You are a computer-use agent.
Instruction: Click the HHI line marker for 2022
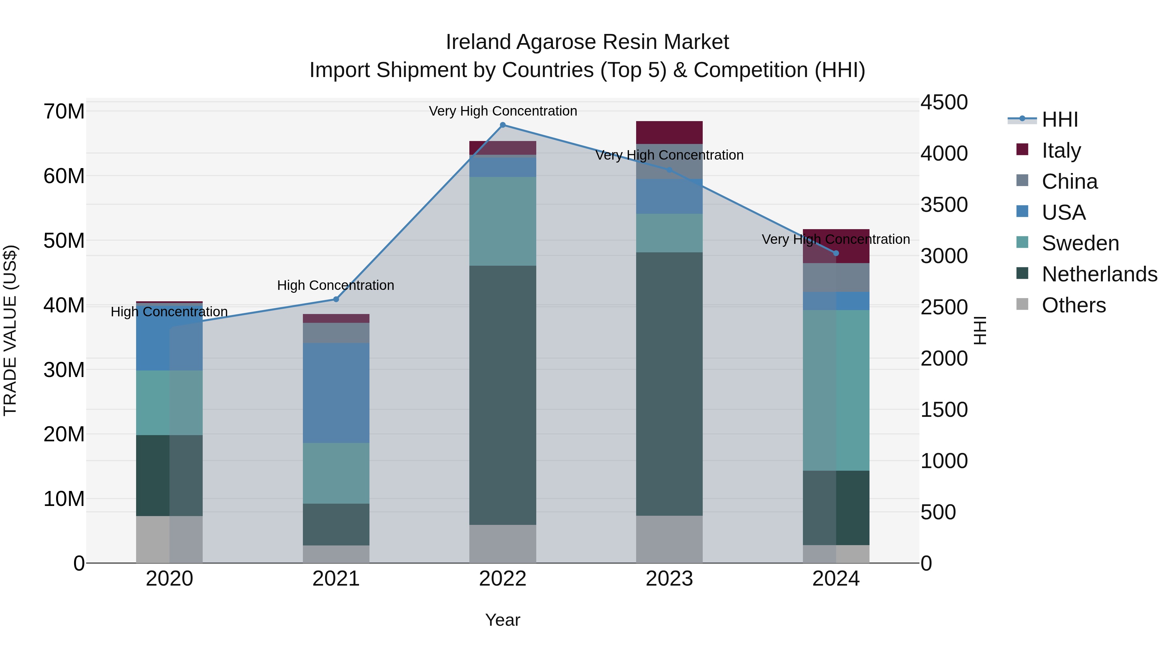pyautogui.click(x=503, y=125)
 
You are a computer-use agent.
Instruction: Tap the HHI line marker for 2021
pyautogui.click(x=336, y=299)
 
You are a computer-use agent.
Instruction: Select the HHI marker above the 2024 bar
pyautogui.click(x=836, y=253)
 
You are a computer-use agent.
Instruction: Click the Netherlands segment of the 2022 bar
pyautogui.click(x=503, y=395)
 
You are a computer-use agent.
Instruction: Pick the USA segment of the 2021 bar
pyautogui.click(x=336, y=392)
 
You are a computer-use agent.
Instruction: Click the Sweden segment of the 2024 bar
pyautogui.click(x=836, y=390)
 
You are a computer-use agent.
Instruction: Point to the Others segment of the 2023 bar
pyautogui.click(x=669, y=539)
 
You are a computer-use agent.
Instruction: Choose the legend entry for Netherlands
pyautogui.click(x=1099, y=274)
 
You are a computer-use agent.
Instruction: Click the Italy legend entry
pyautogui.click(x=1061, y=150)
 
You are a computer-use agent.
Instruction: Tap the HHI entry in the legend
pyautogui.click(x=1059, y=119)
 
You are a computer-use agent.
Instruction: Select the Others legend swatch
pyautogui.click(x=1022, y=304)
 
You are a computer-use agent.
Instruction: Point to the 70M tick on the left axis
pyautogui.click(x=64, y=111)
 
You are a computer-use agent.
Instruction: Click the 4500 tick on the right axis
pyautogui.click(x=943, y=102)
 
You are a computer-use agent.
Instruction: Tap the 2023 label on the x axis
pyautogui.click(x=669, y=579)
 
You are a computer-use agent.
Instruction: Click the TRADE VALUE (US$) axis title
pyautogui.click(x=10, y=330)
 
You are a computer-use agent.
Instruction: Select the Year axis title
pyautogui.click(x=503, y=620)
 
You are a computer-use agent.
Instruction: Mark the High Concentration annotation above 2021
pyautogui.click(x=336, y=286)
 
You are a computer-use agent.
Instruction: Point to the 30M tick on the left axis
pyautogui.click(x=64, y=370)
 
